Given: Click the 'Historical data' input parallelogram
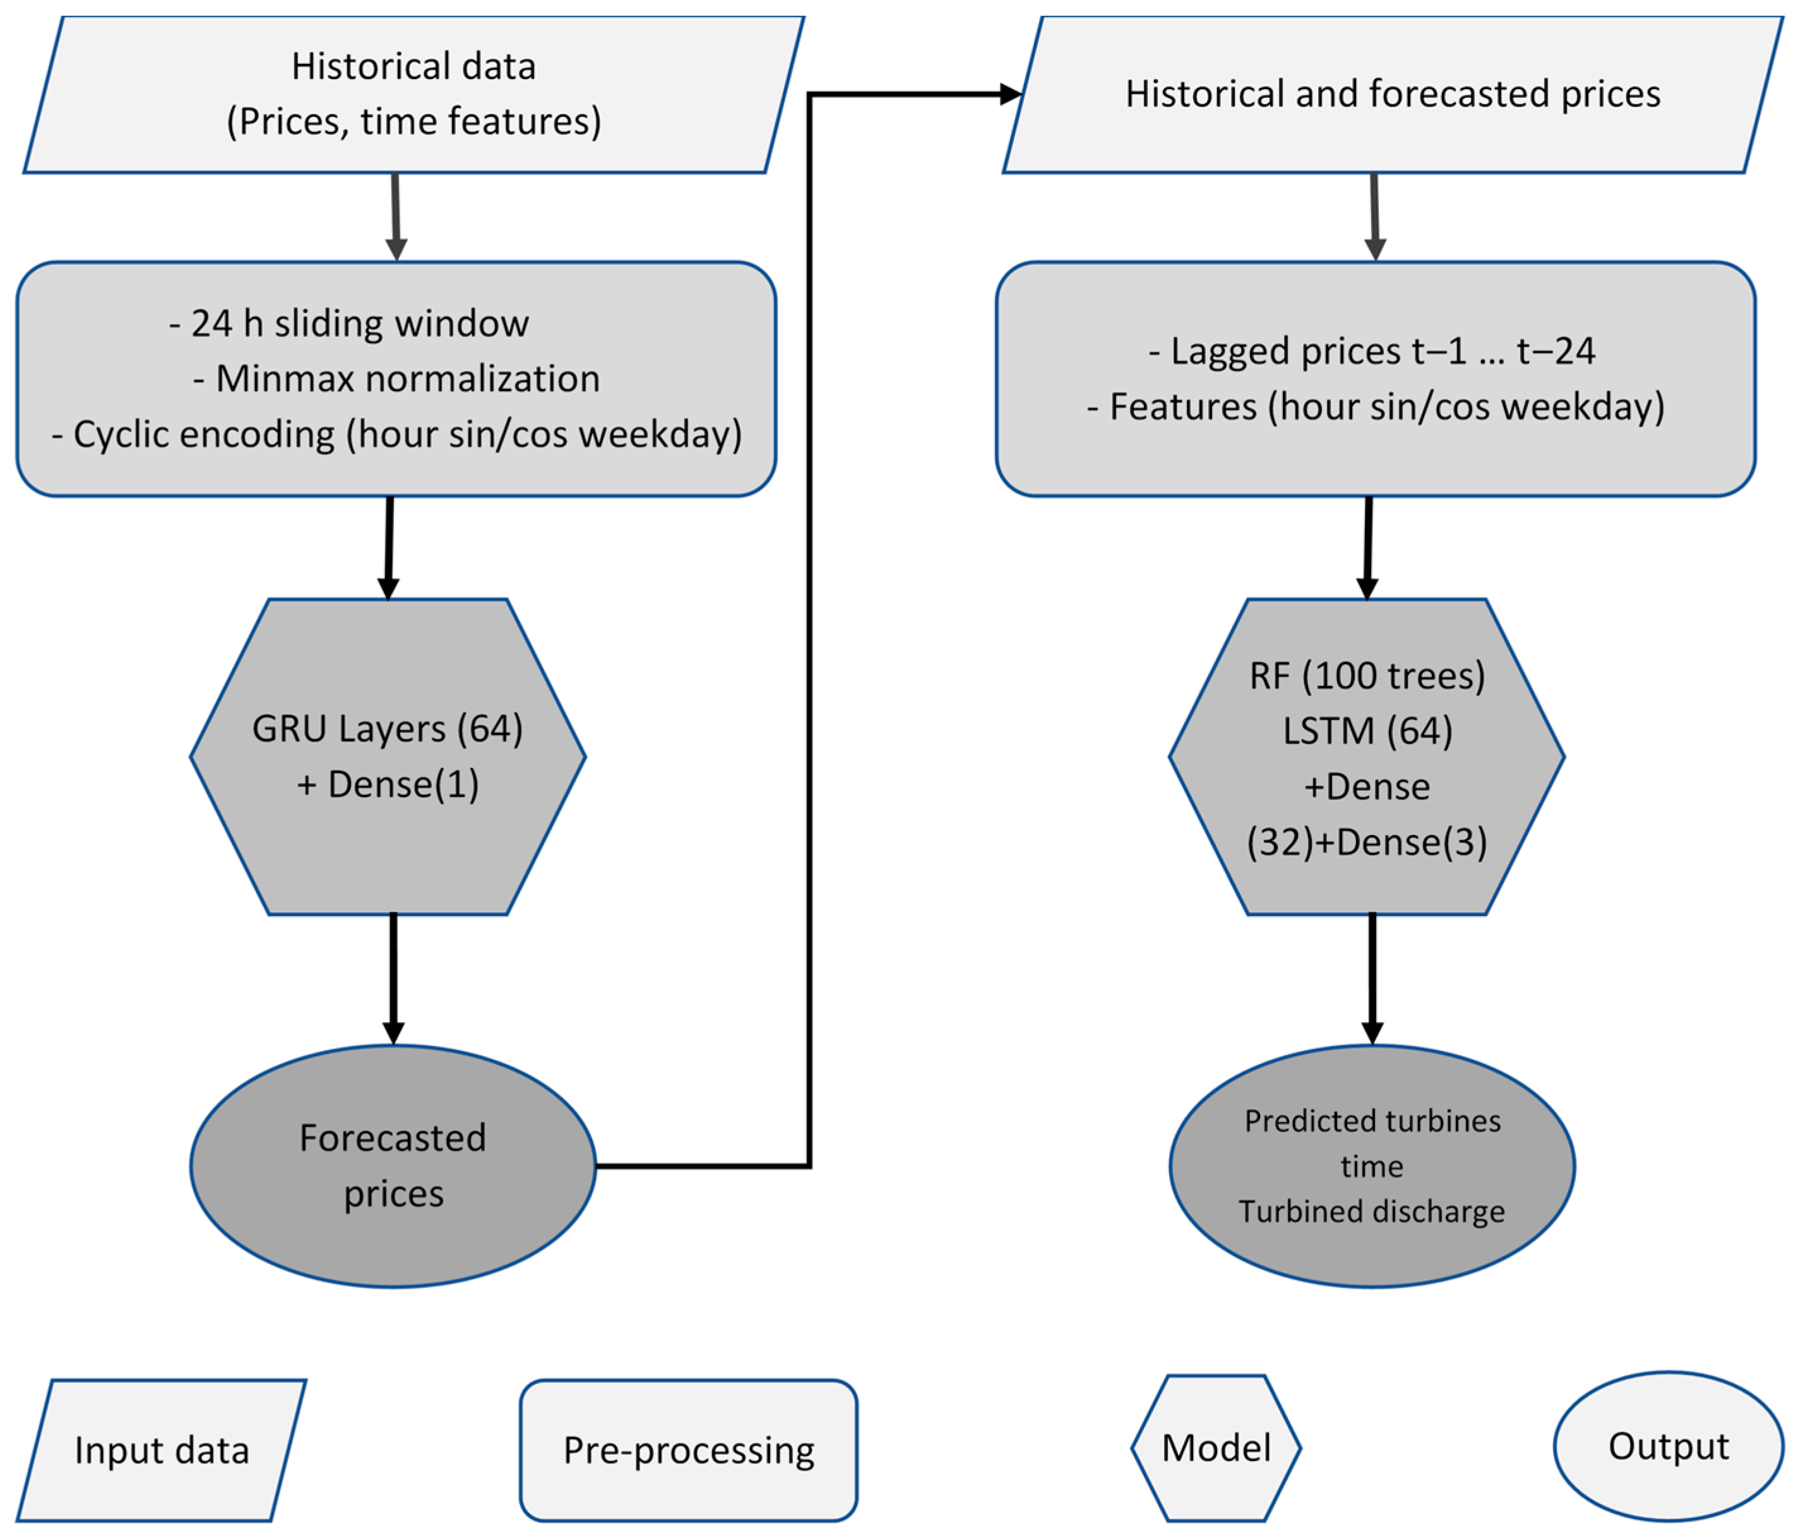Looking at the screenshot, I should click(413, 93).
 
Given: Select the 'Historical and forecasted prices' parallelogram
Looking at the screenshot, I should click(1392, 93).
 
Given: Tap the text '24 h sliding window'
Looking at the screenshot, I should click(349, 323).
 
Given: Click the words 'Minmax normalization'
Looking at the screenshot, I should click(397, 379).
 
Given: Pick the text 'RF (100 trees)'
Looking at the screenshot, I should click(1367, 675).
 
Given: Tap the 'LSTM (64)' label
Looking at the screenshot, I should click(1367, 731).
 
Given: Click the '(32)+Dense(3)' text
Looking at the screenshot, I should click(1367, 842).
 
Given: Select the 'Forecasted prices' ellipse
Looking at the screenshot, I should click(393, 1165).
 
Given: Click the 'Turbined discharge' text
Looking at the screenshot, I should click(1371, 1212).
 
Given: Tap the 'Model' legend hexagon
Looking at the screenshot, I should click(1216, 1448).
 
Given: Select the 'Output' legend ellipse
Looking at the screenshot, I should click(1668, 1447).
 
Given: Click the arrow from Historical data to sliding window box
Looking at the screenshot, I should click(396, 217).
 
